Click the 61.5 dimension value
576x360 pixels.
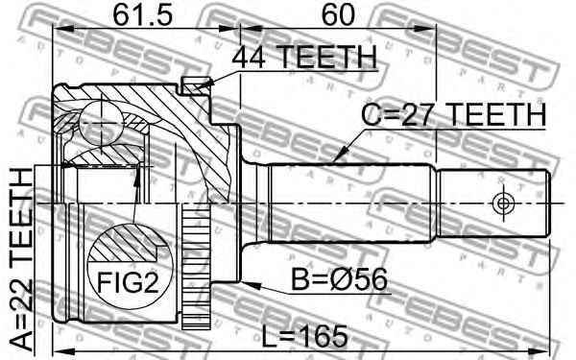coord(142,15)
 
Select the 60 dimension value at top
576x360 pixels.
coord(338,15)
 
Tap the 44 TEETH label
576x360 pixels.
coord(304,57)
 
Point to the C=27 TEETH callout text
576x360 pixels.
coord(454,115)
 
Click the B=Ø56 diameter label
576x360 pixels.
coord(339,279)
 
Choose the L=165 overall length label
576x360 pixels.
coord(305,337)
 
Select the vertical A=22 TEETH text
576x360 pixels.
coord(21,259)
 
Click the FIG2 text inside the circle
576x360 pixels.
coord(128,282)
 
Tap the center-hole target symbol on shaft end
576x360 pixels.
coord(502,204)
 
